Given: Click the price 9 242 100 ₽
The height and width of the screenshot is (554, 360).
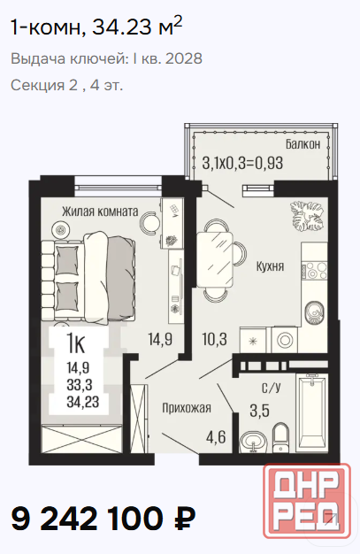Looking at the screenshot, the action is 103,519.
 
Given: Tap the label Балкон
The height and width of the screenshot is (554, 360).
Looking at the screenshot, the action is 303,144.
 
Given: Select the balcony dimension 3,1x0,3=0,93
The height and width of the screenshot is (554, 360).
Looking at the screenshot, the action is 242,164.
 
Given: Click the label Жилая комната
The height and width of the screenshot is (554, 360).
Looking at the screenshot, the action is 100,212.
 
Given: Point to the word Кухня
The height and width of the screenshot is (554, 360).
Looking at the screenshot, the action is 270,266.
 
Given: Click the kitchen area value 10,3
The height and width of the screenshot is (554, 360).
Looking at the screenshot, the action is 214,340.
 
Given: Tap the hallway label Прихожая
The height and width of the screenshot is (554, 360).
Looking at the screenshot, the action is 187,408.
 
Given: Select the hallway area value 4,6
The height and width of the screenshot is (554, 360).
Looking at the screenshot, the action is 216,437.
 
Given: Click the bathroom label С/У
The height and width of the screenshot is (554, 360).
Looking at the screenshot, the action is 271,388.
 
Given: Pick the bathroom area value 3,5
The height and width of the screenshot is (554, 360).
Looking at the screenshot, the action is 260,411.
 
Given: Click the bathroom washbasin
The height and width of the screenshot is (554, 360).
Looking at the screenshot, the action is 253,442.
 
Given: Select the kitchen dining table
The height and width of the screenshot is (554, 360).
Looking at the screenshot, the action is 215,259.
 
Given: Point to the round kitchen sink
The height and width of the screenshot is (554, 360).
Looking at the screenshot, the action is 314,312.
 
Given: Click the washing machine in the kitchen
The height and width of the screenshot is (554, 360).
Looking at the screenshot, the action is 285,340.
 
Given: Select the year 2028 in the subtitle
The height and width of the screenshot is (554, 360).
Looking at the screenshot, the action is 183,58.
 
